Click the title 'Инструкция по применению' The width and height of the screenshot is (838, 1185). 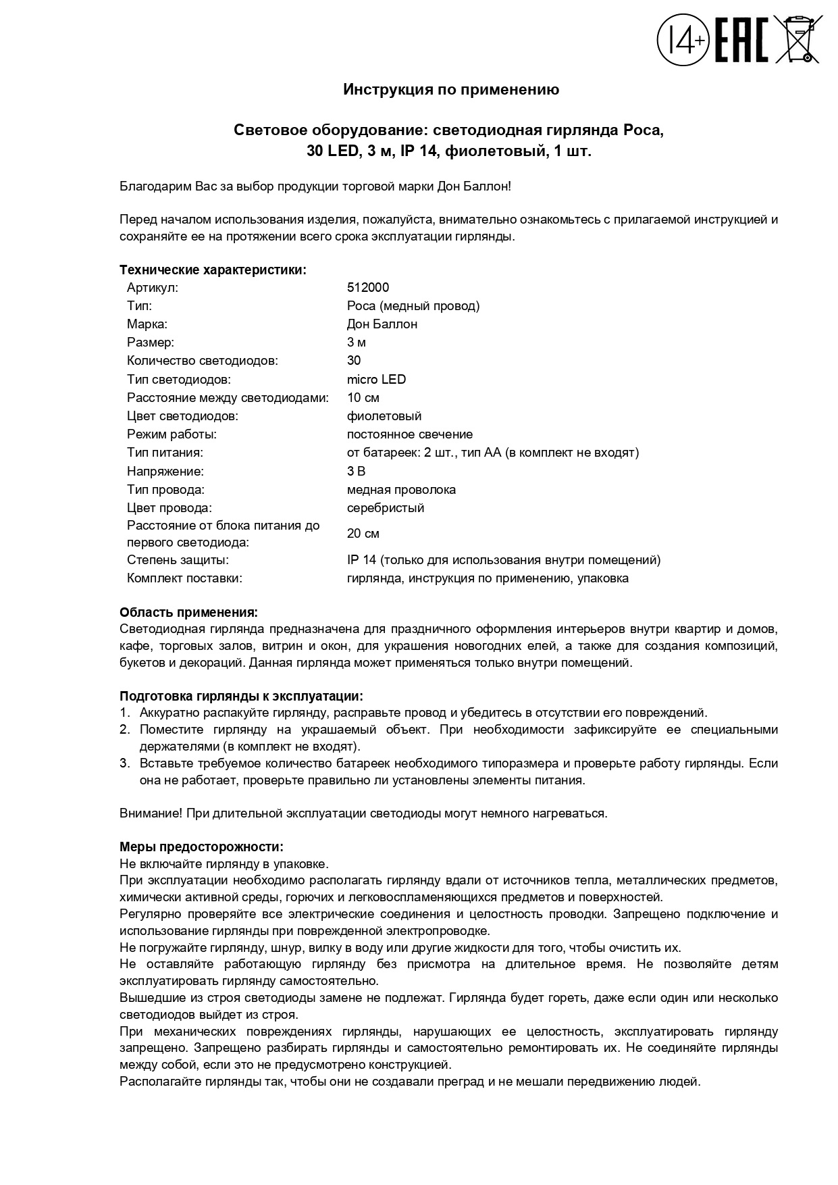click(x=451, y=89)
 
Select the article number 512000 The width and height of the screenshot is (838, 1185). click(x=368, y=287)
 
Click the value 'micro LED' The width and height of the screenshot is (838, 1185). click(x=376, y=379)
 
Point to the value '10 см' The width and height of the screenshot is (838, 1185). click(x=363, y=397)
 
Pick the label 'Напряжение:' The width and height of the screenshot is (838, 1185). click(x=165, y=471)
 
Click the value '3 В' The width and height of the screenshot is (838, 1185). click(x=356, y=471)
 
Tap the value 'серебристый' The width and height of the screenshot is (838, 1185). click(x=386, y=507)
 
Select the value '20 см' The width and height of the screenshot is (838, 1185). click(x=363, y=534)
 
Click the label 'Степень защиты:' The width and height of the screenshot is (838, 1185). click(x=178, y=559)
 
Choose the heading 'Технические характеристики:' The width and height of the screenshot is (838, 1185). click(x=213, y=270)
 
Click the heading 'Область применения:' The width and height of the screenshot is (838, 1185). click(x=188, y=612)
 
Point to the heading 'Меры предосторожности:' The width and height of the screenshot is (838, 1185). click(x=201, y=847)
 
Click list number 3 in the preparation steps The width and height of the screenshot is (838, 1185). click(x=124, y=763)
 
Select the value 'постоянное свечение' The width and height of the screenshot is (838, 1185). click(x=409, y=434)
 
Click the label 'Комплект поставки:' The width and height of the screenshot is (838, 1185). click(x=184, y=578)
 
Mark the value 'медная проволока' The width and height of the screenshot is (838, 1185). click(x=401, y=489)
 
